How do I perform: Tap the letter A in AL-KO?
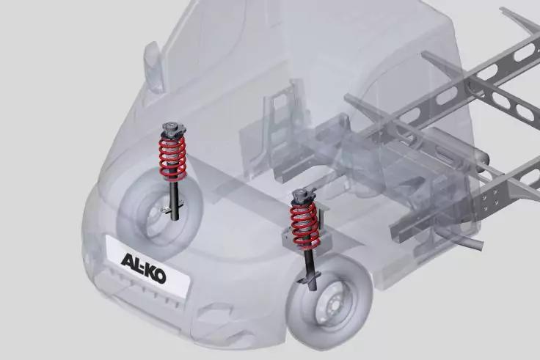[126, 260]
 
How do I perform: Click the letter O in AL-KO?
[159, 276]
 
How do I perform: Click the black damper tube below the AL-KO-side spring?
[175, 199]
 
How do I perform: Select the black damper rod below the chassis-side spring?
[311, 268]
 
